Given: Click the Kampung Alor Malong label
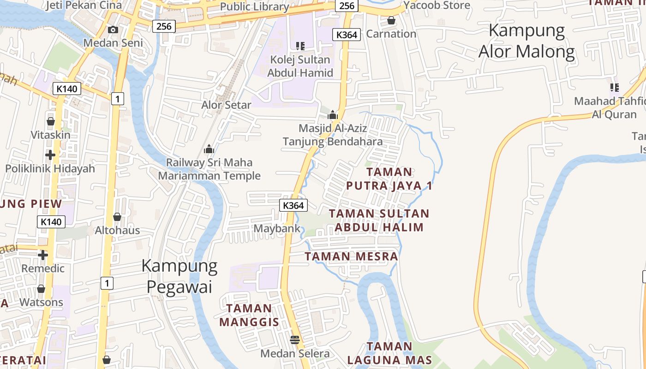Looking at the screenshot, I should coord(526,41).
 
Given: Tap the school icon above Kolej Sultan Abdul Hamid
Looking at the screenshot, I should coord(300,46).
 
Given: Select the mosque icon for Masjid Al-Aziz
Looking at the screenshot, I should coord(333,114).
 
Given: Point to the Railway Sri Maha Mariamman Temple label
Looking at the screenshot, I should coord(209,169).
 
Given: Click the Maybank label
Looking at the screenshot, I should coord(277,228).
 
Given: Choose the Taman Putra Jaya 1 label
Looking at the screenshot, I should coord(389,179).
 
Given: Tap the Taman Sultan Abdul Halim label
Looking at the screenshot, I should coord(379,220).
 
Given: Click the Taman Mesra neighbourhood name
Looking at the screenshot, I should coord(351,256).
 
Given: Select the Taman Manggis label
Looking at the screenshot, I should coord(249,315).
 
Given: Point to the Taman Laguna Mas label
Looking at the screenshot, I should coord(389,353).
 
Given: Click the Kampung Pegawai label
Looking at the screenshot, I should coord(179,276).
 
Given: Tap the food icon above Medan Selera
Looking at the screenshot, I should coord(295,340).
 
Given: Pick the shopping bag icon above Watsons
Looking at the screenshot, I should coord(41,289).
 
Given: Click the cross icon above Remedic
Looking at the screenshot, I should coord(43,255).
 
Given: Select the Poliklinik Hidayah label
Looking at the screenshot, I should coord(50,168).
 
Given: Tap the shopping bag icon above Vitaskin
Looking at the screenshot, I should coord(51,121).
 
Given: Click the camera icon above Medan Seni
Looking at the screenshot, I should coord(113,30).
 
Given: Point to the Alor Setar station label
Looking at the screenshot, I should coord(226,105).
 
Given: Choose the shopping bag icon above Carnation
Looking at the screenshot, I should coord(391,20).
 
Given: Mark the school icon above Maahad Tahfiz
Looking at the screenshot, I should coord(614,87).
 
